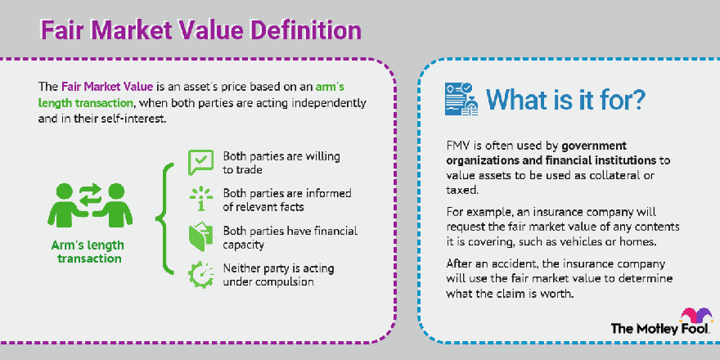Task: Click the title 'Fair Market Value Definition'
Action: click(201, 31)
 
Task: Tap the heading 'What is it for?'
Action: click(565, 99)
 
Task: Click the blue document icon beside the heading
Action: click(461, 99)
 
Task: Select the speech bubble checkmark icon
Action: click(200, 163)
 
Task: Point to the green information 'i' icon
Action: click(201, 200)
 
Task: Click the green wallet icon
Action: click(200, 237)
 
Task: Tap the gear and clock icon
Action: click(201, 275)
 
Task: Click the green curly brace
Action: click(165, 218)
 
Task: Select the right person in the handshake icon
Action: click(113, 205)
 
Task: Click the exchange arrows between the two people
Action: click(90, 196)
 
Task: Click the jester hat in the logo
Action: click(696, 317)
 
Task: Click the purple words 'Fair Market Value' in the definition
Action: click(107, 87)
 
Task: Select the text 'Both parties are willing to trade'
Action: click(281, 163)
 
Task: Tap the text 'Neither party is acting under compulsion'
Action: click(278, 275)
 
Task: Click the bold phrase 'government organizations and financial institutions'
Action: click(558, 153)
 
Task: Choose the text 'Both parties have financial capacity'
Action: click(290, 237)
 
